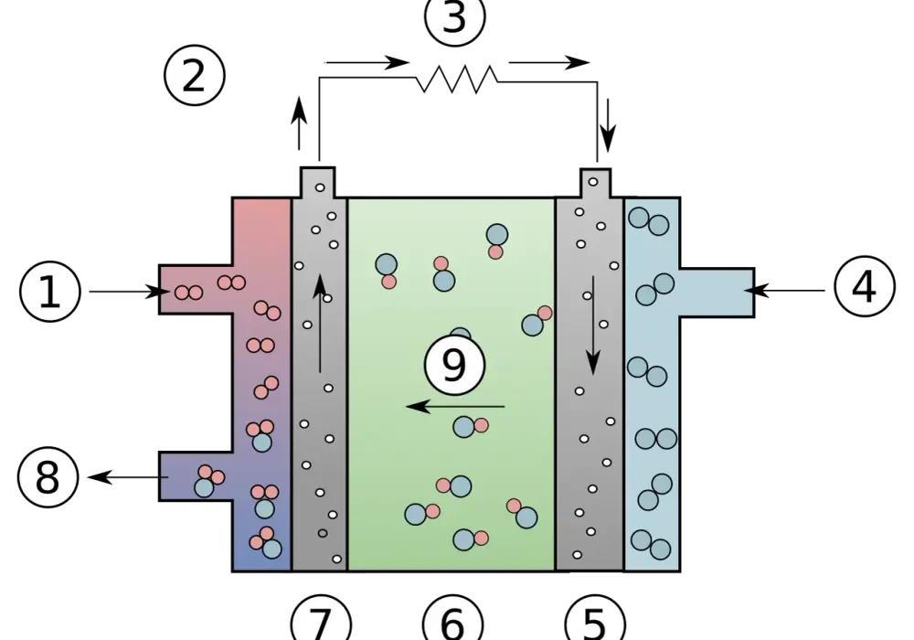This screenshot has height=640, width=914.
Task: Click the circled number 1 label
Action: (x=49, y=292)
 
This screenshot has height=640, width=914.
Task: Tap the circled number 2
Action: (x=194, y=75)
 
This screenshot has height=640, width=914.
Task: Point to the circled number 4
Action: (x=865, y=286)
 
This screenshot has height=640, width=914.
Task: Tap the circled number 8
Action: (x=48, y=476)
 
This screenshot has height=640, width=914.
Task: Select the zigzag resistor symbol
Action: (x=456, y=80)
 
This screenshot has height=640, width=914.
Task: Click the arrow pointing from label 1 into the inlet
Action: (x=129, y=292)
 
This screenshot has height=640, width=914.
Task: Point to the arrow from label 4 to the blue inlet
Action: (x=784, y=290)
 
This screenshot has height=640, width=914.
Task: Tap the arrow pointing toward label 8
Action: (x=128, y=477)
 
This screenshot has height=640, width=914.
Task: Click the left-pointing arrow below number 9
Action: (x=455, y=406)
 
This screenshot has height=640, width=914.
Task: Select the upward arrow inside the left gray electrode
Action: (x=319, y=323)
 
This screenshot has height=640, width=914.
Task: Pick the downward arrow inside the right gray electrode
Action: (x=593, y=325)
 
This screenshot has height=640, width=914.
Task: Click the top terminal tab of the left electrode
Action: (x=318, y=183)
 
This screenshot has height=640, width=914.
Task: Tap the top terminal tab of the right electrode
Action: (x=595, y=184)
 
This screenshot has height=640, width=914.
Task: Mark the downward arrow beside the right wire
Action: (x=608, y=126)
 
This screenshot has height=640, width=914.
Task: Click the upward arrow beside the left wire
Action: (x=299, y=123)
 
